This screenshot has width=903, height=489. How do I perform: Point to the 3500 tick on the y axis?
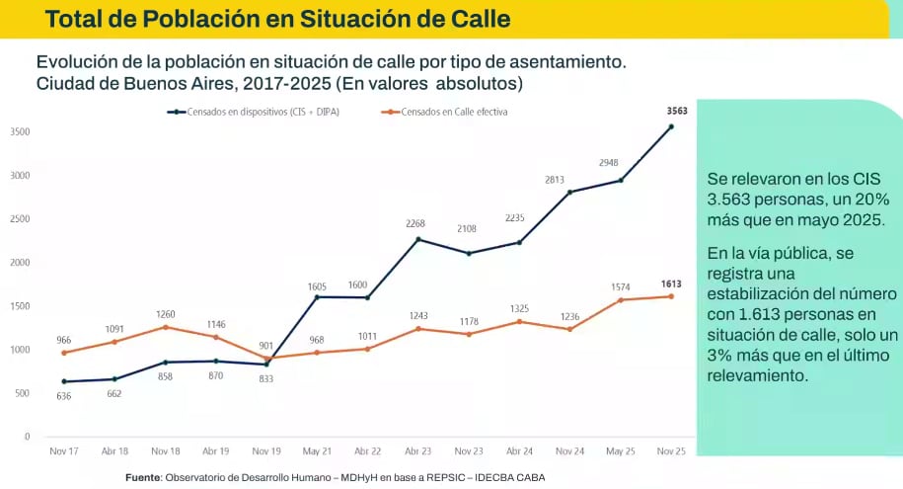click(x=20, y=132)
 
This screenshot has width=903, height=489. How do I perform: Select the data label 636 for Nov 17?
click(x=64, y=396)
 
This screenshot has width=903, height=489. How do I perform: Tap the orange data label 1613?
click(x=671, y=283)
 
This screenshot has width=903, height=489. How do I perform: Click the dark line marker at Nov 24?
click(x=570, y=192)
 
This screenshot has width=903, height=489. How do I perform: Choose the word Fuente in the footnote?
click(x=143, y=478)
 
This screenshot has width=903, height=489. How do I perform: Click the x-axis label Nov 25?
click(x=671, y=451)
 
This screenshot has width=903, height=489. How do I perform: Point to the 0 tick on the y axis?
click(x=27, y=437)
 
